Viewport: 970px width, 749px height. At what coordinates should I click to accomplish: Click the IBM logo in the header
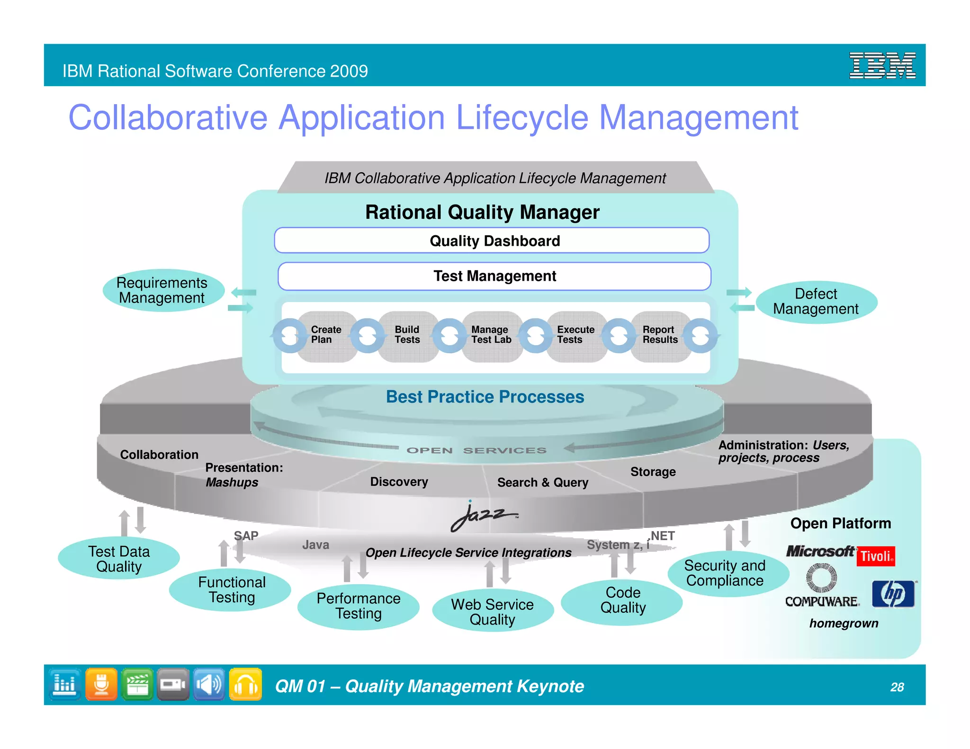coord(882,65)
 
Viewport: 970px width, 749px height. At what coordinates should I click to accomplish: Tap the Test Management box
coord(494,276)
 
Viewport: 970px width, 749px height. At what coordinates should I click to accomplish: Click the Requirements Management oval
coord(162,290)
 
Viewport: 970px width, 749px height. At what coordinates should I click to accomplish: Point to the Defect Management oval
coord(816,302)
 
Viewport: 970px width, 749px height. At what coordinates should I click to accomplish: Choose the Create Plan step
coord(326,335)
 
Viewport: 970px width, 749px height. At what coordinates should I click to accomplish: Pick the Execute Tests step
coord(575,335)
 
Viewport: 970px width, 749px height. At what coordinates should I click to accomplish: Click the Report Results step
coord(660,335)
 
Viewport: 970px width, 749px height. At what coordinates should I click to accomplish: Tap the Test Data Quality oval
coord(119,559)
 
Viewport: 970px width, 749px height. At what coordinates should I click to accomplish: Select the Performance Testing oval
coord(359,606)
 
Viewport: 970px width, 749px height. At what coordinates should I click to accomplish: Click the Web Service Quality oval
coord(493,612)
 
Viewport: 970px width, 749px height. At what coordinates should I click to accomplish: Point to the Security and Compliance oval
coord(725,573)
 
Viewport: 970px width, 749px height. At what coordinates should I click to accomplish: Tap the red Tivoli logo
coord(876,556)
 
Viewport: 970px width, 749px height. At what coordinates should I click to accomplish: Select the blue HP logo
coord(893,594)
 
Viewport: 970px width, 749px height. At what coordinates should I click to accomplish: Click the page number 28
coord(897,687)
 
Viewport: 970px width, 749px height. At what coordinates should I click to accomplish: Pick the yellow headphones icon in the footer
coord(245,684)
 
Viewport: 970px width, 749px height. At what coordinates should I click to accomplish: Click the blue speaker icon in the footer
coord(209,684)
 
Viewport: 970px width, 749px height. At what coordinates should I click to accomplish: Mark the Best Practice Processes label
coord(485,397)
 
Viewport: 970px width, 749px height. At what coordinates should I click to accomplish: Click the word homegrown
coord(844,624)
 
